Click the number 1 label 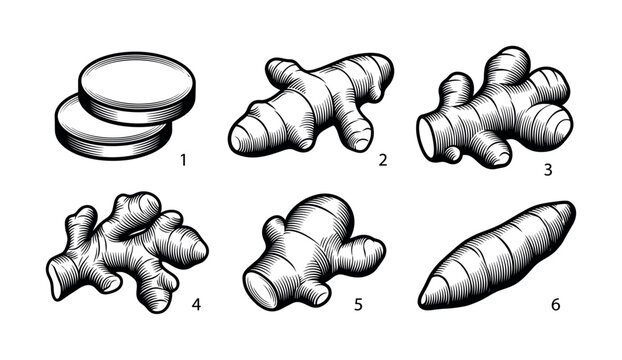coord(181,159)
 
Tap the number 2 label coord(382,159)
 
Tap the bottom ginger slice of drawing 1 coord(95,130)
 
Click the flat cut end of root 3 coord(426,135)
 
